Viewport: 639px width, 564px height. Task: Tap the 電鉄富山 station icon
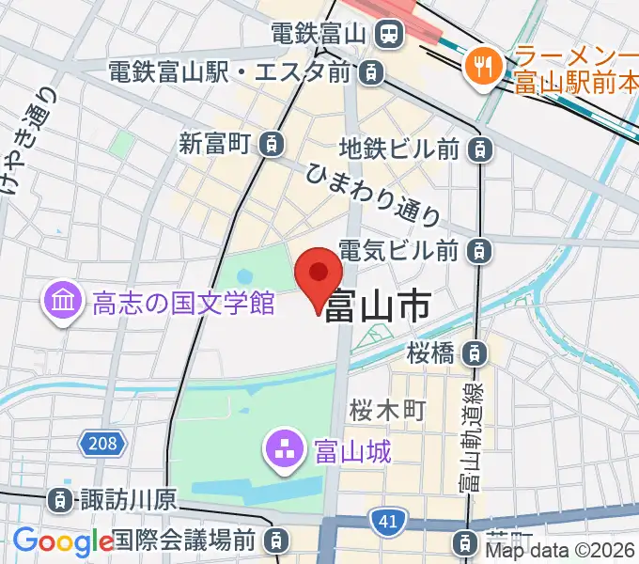pyautogui.click(x=386, y=35)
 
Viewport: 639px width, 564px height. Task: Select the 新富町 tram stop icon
pyautogui.click(x=272, y=144)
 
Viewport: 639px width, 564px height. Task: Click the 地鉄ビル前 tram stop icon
pyautogui.click(x=480, y=149)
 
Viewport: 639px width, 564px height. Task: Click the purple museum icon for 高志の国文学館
pyautogui.click(x=65, y=303)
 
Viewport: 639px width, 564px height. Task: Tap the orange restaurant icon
pyautogui.click(x=484, y=66)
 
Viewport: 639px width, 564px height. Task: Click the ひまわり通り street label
pyautogui.click(x=374, y=195)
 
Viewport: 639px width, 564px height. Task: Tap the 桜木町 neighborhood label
pyautogui.click(x=388, y=410)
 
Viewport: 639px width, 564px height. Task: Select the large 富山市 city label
pyautogui.click(x=378, y=305)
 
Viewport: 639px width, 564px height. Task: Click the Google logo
pyautogui.click(x=63, y=540)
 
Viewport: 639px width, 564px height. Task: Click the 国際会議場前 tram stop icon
pyautogui.click(x=277, y=540)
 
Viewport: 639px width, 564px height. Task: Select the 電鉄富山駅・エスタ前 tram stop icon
pyautogui.click(x=373, y=71)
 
